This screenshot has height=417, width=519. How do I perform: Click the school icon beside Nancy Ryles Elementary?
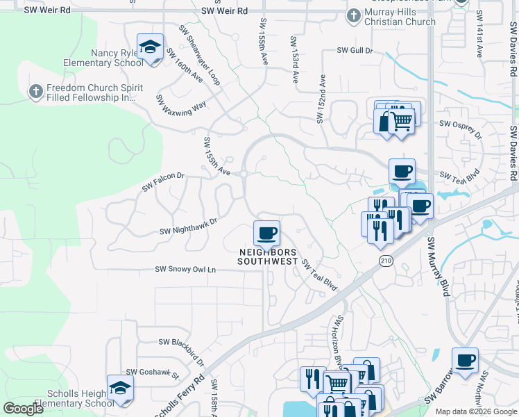[149, 47]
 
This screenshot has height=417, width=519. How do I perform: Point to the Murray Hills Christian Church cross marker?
[353, 15]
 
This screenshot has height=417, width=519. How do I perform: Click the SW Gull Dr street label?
[355, 51]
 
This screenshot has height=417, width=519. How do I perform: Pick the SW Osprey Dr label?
[460, 124]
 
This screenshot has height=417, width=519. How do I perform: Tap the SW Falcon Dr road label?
[164, 182]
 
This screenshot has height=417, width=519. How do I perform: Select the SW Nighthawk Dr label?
[188, 226]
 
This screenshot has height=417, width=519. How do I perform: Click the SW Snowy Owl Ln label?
[185, 269]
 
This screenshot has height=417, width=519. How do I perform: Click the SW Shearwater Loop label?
[199, 55]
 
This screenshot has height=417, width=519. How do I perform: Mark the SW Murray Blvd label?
[439, 267]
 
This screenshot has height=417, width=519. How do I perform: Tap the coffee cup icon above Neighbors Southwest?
[266, 233]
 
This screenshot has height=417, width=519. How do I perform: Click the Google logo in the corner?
[23, 409]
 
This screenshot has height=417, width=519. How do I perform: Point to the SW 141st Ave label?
[479, 42]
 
